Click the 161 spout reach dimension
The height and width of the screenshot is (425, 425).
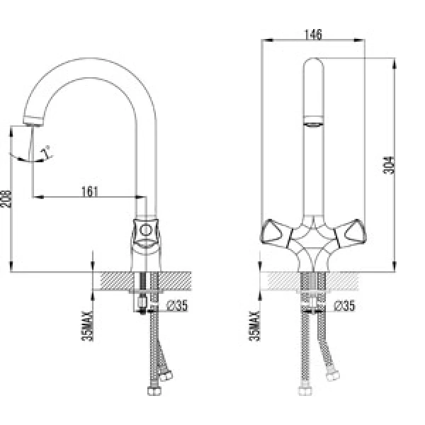90,191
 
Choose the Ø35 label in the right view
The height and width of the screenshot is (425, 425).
344,306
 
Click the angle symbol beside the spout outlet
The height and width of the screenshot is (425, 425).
47,151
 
